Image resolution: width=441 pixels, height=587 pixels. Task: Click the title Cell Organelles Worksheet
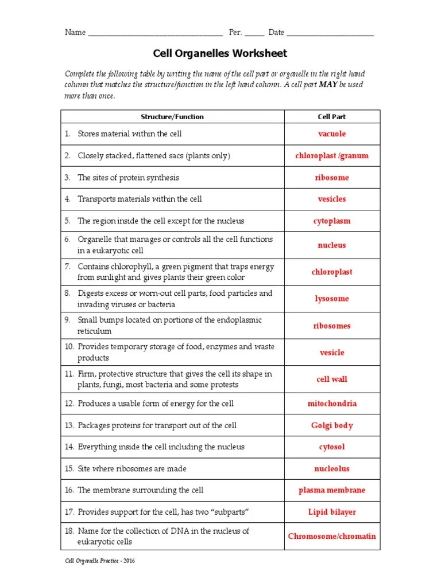coord(220,53)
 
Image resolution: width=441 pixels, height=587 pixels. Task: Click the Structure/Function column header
coord(172,116)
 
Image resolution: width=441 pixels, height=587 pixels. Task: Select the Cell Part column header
coord(332,116)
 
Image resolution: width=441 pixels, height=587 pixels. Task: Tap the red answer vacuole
coord(332,134)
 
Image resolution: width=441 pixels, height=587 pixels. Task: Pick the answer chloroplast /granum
coord(332,156)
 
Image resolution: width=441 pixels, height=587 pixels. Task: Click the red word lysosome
coord(332,299)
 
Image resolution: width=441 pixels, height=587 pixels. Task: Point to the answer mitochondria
coord(332,404)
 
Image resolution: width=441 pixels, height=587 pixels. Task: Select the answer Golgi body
coord(332,425)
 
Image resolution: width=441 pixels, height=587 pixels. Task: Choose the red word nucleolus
coord(332,469)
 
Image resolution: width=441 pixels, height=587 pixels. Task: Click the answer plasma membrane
coord(332,491)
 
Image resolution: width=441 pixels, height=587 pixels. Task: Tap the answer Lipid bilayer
coord(332,512)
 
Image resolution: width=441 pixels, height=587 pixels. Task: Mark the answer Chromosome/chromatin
coord(332,537)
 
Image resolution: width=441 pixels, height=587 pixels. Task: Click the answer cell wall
coord(332,379)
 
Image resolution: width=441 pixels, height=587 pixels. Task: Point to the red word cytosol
coord(332,447)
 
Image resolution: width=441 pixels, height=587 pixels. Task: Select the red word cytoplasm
coord(332,221)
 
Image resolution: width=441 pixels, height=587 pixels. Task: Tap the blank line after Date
coord(330,33)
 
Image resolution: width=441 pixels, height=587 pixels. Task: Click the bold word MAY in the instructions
coord(328,85)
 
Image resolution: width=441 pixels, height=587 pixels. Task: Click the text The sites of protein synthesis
coord(128,178)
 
